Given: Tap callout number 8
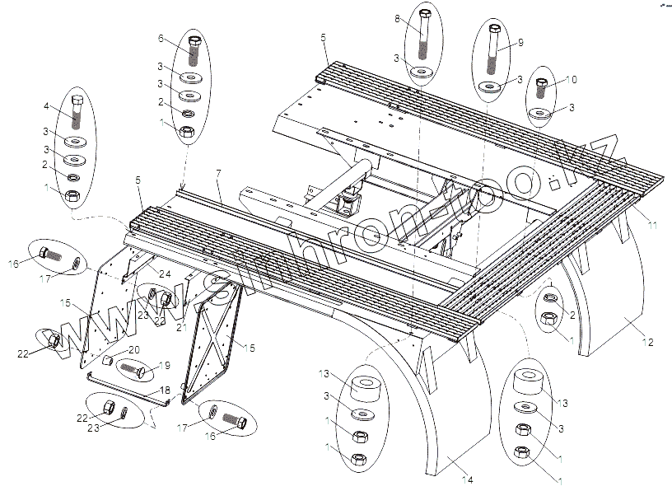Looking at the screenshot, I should [397, 19].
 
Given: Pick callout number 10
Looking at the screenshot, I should [574, 79].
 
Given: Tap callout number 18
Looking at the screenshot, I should [164, 390].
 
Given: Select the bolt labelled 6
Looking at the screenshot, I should [194, 52].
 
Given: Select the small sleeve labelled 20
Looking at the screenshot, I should [107, 361].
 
